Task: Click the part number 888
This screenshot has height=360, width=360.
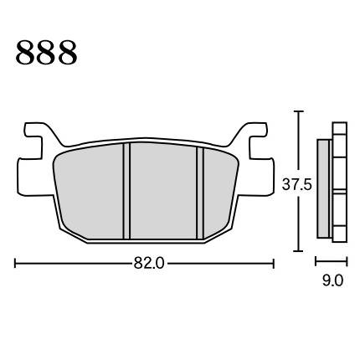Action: pos(46,53)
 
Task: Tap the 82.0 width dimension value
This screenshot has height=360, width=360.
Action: pos(149,263)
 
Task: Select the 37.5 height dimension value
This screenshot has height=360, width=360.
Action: pos(296,184)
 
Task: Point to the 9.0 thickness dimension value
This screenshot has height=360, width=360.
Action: pos(332,280)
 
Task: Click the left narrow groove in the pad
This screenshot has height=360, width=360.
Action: pos(126,191)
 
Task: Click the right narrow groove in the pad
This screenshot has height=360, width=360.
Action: pos(200,193)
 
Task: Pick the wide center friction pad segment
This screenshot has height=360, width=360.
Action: pos(163,191)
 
